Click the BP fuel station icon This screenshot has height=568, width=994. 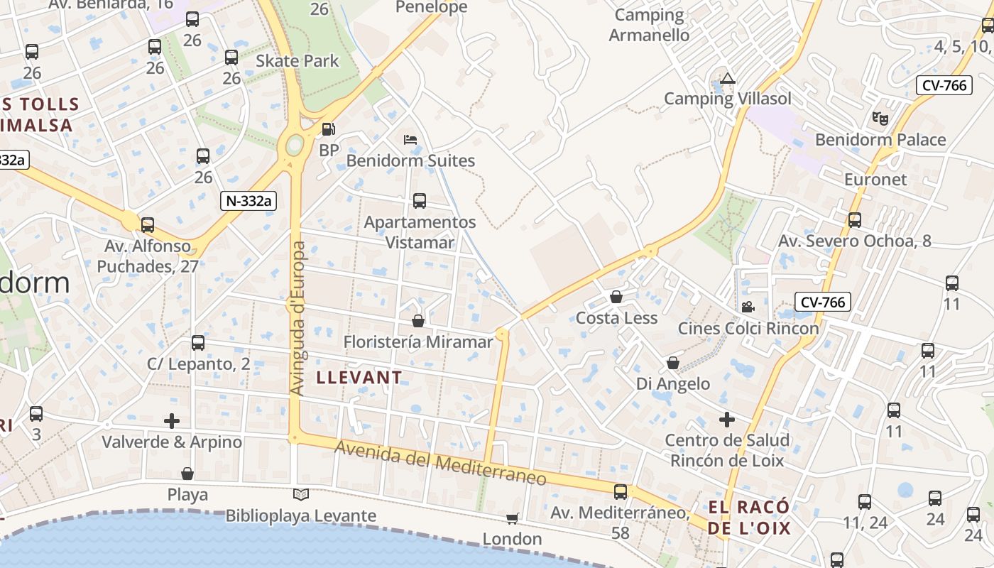pos(328,129)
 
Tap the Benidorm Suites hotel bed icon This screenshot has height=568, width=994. pos(410,139)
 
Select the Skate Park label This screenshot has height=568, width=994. pos(297,61)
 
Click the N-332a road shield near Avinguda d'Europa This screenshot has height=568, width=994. pos(247,201)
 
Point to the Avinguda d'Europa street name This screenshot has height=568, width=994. pos(298,319)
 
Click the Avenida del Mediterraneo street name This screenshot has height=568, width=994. pos(441,464)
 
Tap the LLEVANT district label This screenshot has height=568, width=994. pos(359,377)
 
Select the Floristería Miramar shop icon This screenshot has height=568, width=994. pos(418,321)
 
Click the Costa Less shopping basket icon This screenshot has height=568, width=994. pos(616,297)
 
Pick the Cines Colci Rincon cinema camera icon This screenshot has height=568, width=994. pos(748,307)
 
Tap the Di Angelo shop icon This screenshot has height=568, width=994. pos(673,364)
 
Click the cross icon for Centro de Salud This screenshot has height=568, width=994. pos(726,420)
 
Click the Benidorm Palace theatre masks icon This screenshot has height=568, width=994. pos(880,118)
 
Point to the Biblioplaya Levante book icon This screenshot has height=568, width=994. pos(301,494)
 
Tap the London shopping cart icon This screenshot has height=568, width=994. pos(513,518)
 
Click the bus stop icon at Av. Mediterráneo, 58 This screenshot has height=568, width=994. pos(621,491)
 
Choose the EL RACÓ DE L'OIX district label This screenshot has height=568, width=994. pos(749,518)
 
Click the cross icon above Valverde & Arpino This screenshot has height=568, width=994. pos(172,421)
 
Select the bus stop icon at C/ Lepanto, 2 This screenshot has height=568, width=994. pos(198,343)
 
